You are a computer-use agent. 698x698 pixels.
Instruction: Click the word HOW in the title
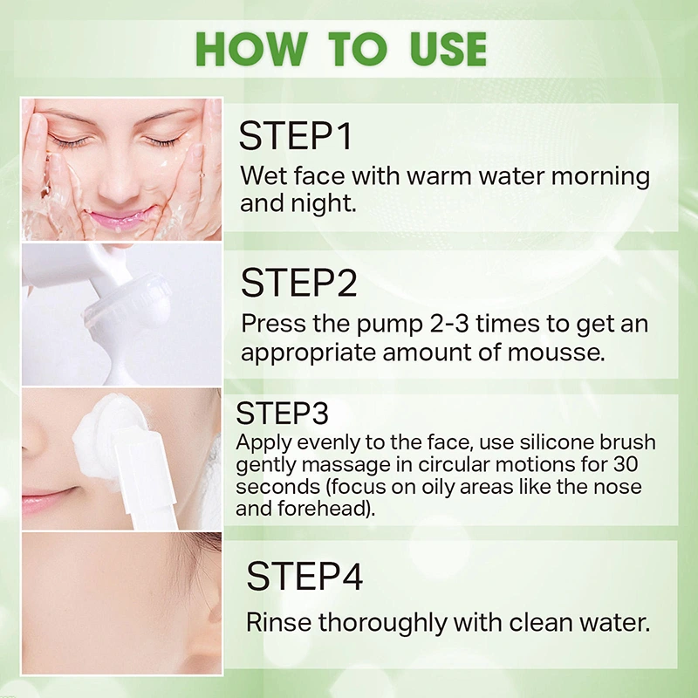tap(251, 49)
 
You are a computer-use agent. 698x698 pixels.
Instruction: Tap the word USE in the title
tap(448, 49)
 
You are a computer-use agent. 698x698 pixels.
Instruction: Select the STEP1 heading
tap(296, 136)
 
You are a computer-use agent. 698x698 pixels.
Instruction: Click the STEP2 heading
tap(298, 283)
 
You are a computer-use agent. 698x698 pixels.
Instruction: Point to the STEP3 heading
tap(282, 414)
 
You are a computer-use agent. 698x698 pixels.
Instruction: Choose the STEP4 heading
tap(305, 576)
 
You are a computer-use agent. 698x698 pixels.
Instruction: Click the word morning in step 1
tap(600, 177)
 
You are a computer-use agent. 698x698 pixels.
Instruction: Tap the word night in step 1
tap(323, 203)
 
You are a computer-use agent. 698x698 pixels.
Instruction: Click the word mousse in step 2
tap(556, 352)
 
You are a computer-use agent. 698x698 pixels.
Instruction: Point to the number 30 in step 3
tap(626, 464)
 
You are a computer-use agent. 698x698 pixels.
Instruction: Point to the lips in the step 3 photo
tap(49, 498)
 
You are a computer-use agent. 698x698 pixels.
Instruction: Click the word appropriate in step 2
tap(308, 353)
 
